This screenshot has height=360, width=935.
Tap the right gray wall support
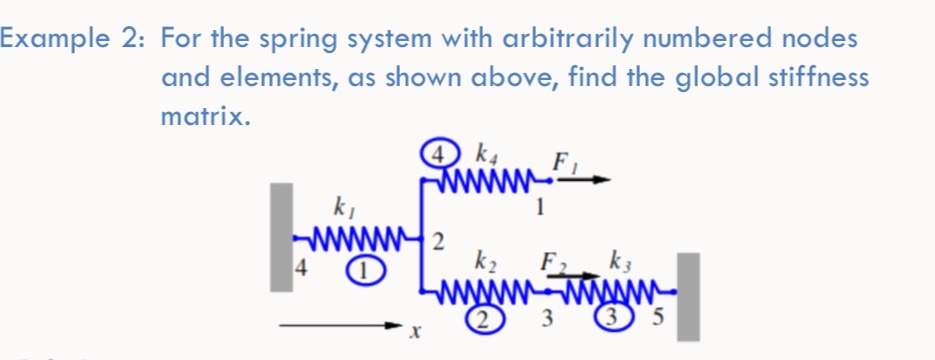689,297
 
